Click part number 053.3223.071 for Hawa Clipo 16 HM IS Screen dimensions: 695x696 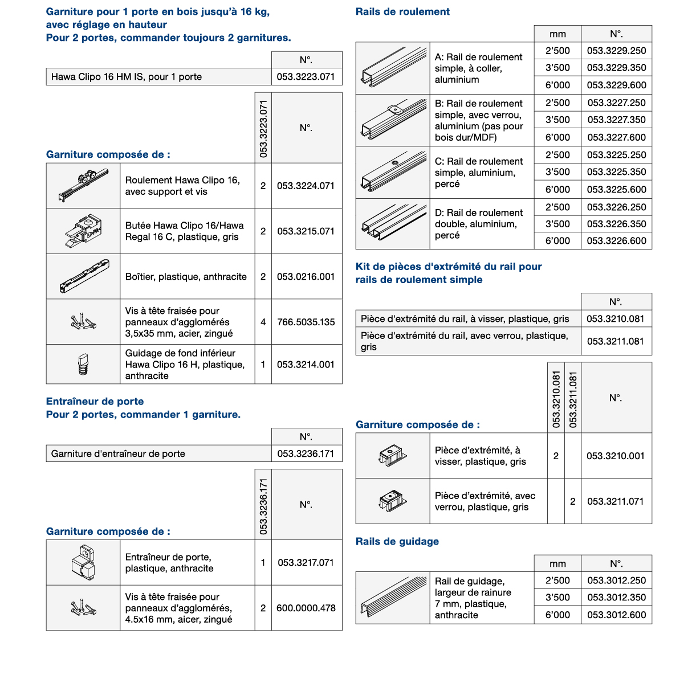306,77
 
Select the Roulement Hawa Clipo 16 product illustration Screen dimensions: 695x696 83,185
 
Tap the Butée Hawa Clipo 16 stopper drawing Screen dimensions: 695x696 83,231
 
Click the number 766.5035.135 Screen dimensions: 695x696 306,322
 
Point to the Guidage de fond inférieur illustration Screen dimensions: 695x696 83,364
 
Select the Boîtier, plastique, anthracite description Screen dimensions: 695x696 186,277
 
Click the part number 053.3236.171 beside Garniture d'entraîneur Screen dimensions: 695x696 306,454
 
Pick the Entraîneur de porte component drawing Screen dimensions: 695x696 83,562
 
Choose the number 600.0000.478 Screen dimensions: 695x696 306,608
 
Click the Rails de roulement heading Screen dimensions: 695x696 402,12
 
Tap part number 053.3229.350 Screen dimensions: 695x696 616,68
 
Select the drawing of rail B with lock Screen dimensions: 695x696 393,120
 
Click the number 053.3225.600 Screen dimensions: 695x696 616,190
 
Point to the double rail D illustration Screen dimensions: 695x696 393,223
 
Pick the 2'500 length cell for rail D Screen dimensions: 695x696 557,207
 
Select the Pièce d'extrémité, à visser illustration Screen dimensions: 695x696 393,456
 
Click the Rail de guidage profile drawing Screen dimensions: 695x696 393,598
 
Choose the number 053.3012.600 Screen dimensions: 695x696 616,615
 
